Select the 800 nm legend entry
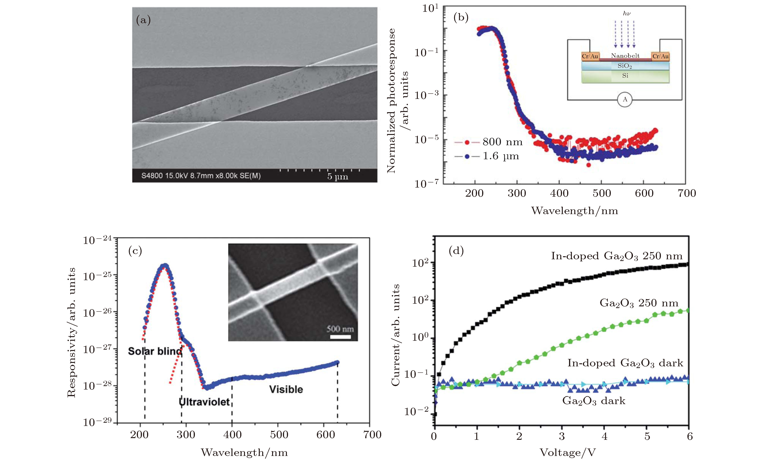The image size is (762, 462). [x=489, y=142]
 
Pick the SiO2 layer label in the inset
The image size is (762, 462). [x=625, y=66]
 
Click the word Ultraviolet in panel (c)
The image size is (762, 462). [x=204, y=402]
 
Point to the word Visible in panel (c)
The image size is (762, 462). [x=286, y=389]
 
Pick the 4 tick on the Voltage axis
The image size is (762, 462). [x=605, y=436]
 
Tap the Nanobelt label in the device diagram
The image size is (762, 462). [x=625, y=56]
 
